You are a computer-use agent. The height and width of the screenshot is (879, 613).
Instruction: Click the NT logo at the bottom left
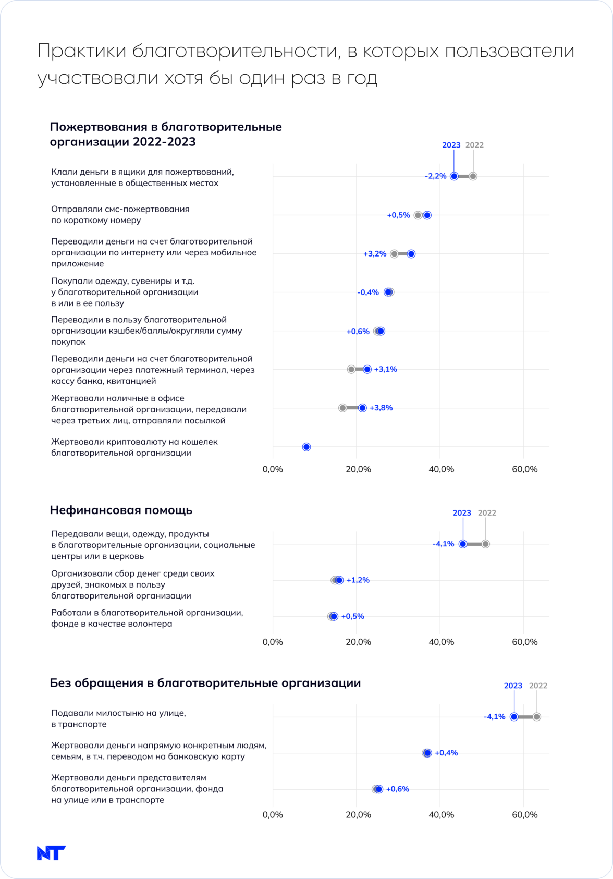pos(51,853)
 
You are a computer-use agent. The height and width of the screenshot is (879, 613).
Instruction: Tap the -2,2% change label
pos(435,176)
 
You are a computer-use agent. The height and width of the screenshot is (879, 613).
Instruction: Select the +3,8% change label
pos(381,408)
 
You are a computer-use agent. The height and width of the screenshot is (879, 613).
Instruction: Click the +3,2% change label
pos(375,254)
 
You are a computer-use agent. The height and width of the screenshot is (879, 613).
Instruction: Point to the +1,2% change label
pos(358,580)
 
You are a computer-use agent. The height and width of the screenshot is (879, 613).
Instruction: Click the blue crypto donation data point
pos(307,447)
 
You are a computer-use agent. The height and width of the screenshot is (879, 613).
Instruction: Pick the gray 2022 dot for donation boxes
pos(473,176)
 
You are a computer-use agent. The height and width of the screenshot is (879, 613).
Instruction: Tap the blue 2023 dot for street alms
pos(514,717)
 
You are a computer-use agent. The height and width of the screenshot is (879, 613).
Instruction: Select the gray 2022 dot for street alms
pos(536,717)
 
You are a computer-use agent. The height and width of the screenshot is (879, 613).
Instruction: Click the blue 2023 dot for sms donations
pos(427,215)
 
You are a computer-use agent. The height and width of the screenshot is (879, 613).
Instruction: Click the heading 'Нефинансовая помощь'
pos(121,510)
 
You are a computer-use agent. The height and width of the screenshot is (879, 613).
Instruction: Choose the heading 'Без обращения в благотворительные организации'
pos(205,683)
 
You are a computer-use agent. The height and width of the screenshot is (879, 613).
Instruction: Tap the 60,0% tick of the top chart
pos(524,469)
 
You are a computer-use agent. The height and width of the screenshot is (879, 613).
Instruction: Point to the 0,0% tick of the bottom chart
pos(273,815)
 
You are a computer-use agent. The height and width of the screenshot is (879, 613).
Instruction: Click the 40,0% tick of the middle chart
pos(441,642)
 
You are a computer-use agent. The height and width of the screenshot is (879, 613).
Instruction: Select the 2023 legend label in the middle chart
pos(462,513)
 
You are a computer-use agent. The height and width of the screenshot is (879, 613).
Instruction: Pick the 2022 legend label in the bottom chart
pos(538,686)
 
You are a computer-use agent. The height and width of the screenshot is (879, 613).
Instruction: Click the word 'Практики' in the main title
pos(82,51)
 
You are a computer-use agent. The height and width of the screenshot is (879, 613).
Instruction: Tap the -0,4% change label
pos(368,292)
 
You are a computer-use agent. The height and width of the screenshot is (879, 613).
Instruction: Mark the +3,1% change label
pos(385,369)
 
